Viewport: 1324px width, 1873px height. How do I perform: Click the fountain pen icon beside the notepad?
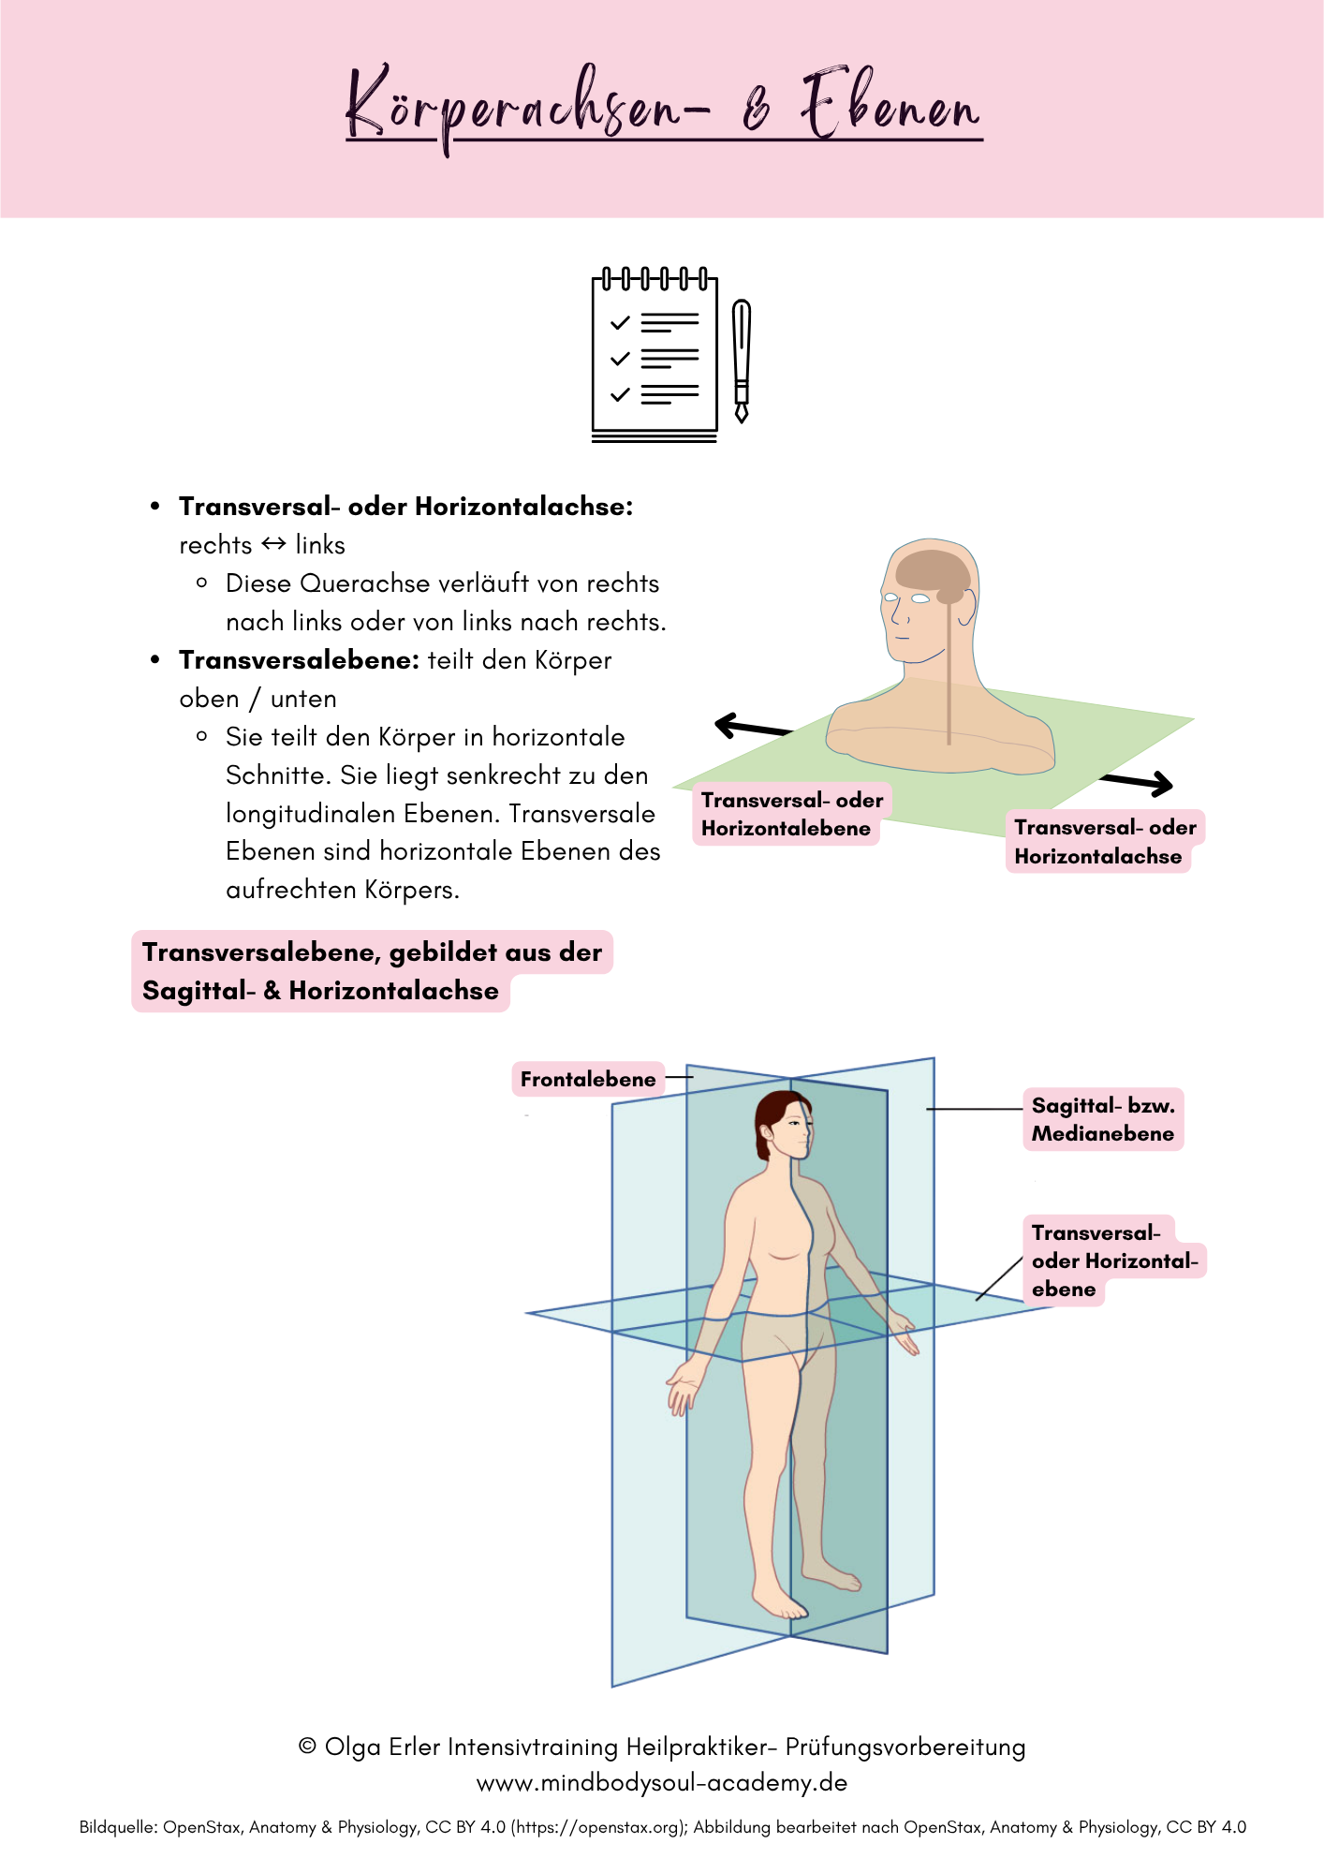pyautogui.click(x=742, y=360)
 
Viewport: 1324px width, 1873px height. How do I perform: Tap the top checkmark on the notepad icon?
pyautogui.click(x=620, y=323)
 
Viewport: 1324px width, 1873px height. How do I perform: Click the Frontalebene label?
pyautogui.click(x=588, y=1079)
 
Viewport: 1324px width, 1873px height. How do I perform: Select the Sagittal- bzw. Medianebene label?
pyautogui.click(x=1102, y=1119)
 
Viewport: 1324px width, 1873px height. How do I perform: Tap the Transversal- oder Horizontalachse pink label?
pyautogui.click(x=1104, y=842)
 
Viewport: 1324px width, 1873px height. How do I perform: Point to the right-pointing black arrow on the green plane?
pyautogui.click(x=1139, y=782)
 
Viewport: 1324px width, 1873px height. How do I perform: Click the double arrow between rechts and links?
pyautogui.click(x=273, y=544)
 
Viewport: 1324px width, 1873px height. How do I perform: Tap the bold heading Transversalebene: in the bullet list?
pyautogui.click(x=299, y=660)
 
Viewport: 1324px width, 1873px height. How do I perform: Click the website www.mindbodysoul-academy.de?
pyautogui.click(x=662, y=1782)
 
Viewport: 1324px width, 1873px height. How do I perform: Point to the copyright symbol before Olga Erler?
pyautogui.click(x=307, y=1747)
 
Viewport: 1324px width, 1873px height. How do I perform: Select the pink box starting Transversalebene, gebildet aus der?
pyautogui.click(x=371, y=971)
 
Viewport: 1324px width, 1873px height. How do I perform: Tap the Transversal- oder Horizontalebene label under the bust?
pyautogui.click(x=791, y=814)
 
